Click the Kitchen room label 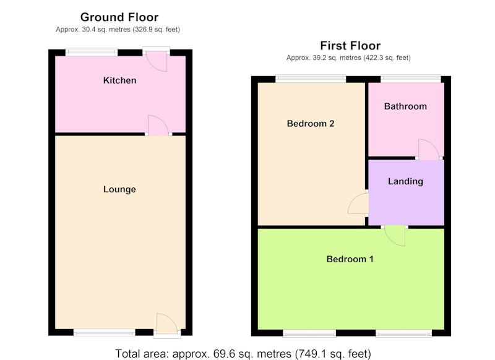(x=119, y=80)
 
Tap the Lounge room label (x=119, y=189)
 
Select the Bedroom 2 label (x=311, y=123)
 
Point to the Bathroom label (x=406, y=106)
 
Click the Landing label (x=406, y=181)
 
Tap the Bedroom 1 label (x=350, y=259)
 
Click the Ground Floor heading (x=119, y=17)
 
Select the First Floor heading (x=350, y=46)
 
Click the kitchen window (x=92, y=52)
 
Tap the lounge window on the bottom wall (x=104, y=333)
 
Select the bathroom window (x=411, y=79)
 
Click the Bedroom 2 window (x=311, y=79)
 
